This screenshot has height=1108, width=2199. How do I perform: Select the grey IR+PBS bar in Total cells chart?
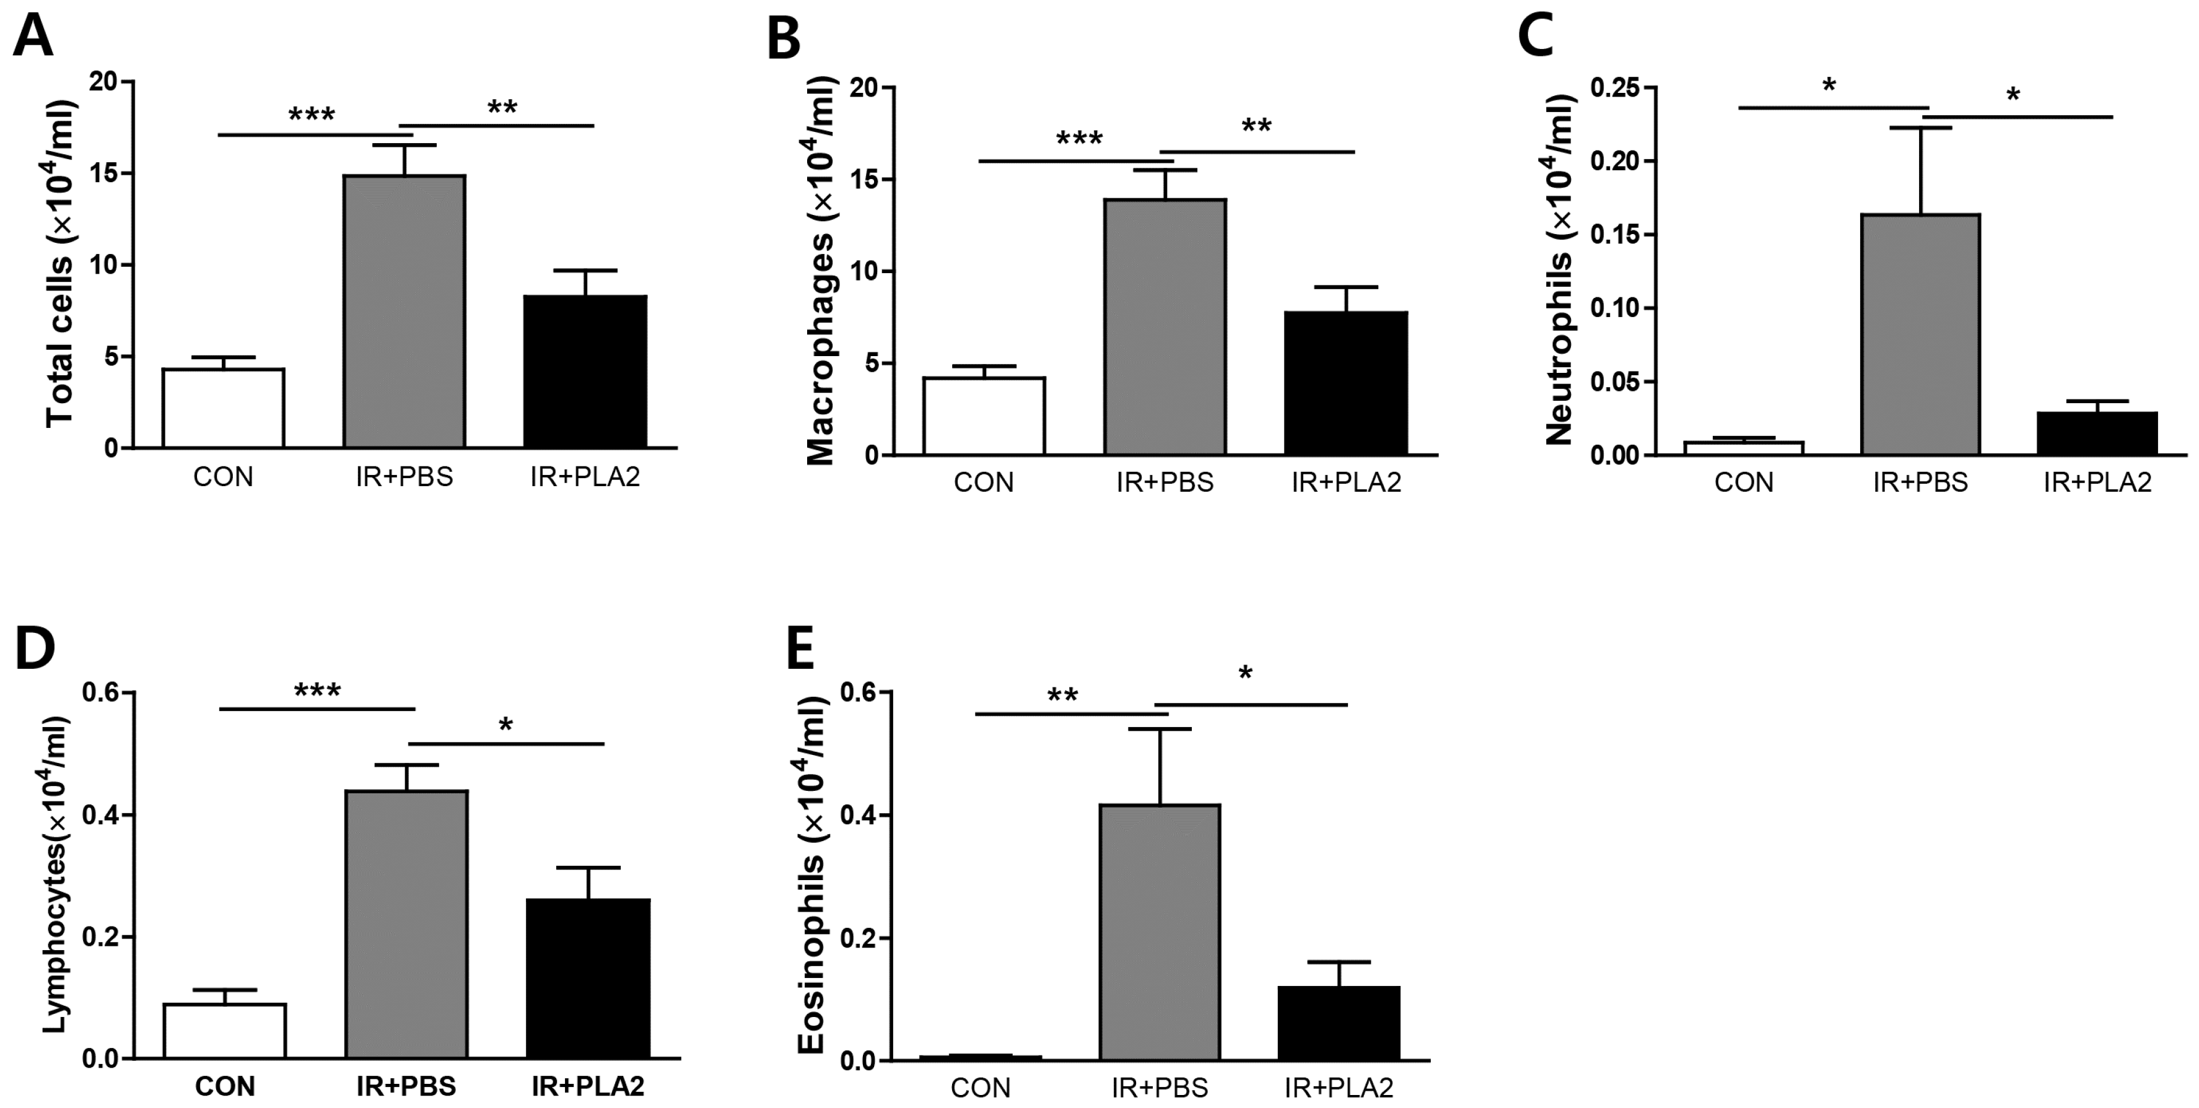pyautogui.click(x=404, y=312)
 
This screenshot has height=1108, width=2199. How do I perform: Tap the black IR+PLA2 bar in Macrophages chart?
pyautogui.click(x=1345, y=383)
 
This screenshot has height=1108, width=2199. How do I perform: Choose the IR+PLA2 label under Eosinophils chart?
pyautogui.click(x=1339, y=1088)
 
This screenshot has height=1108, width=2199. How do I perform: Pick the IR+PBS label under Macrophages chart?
pyautogui.click(x=1165, y=482)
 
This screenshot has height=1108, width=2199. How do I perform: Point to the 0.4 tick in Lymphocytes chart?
pyautogui.click(x=102, y=815)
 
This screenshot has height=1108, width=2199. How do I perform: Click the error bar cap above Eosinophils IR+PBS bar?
pyautogui.click(x=1159, y=729)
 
